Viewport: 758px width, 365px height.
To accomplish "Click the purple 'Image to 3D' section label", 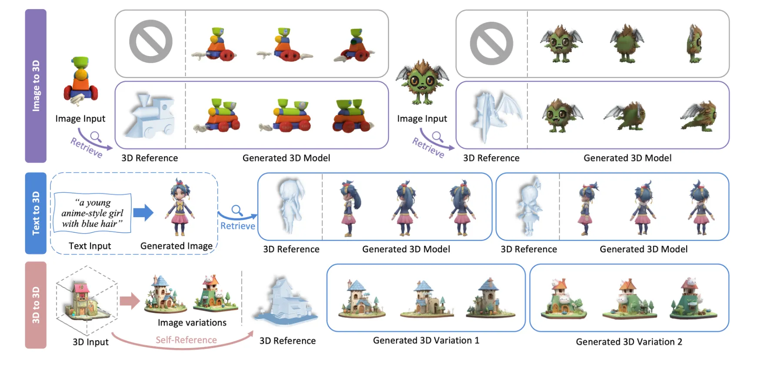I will click(x=36, y=86).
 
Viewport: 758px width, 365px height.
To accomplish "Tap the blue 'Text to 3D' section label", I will click(x=36, y=213).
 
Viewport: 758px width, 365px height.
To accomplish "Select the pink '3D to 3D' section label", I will click(x=36, y=305).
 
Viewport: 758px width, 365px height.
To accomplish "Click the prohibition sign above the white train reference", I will click(x=151, y=42).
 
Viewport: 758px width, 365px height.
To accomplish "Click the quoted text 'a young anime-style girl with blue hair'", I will click(x=92, y=213).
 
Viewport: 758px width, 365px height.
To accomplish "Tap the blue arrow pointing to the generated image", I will click(x=143, y=213).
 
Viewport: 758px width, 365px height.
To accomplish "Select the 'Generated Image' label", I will click(x=176, y=246).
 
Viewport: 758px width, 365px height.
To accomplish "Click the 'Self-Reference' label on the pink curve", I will click(x=186, y=340).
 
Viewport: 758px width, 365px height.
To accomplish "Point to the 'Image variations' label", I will click(x=192, y=322).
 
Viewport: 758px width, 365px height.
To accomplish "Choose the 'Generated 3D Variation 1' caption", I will click(x=426, y=340).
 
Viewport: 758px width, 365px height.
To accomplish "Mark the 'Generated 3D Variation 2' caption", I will click(x=629, y=342).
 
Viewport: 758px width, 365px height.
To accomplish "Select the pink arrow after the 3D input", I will click(x=129, y=301).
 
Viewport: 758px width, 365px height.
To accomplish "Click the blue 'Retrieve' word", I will click(x=237, y=226).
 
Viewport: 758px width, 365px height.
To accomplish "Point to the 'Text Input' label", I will click(x=90, y=246).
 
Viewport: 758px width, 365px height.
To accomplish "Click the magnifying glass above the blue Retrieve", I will click(x=237, y=211).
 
